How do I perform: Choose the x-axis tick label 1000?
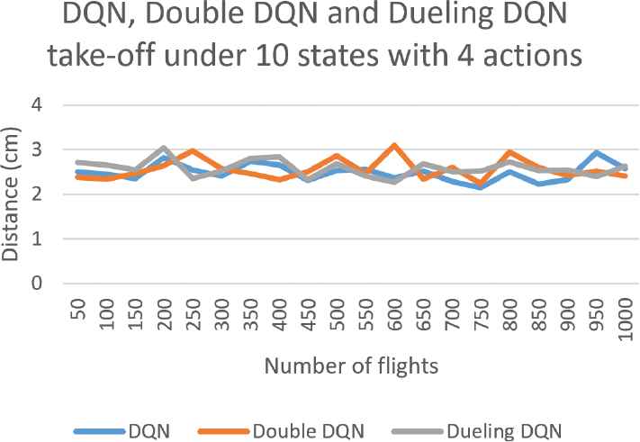[626, 320]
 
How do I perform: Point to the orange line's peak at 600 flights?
[394, 145]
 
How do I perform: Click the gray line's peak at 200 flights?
[164, 148]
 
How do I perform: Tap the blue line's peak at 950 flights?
[597, 153]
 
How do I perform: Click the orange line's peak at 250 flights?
[193, 150]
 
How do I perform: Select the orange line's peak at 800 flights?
[510, 152]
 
